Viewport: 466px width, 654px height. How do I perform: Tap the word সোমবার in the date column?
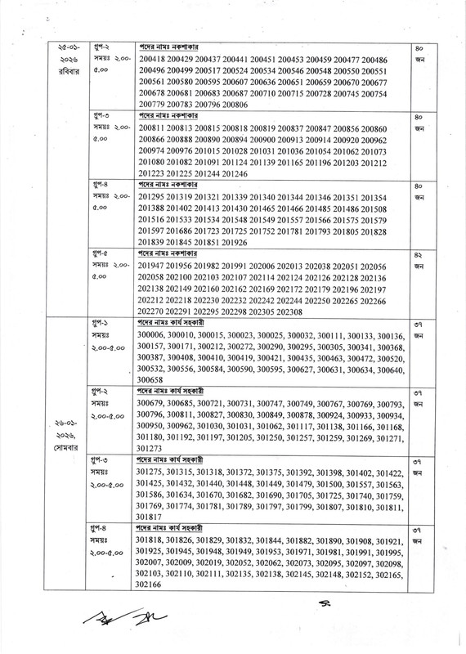coord(66,448)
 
